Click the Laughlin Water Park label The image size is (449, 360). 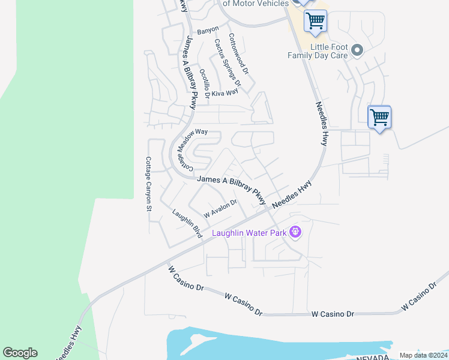[x=249, y=232]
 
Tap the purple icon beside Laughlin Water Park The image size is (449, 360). [x=295, y=231]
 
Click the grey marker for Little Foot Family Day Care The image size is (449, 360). [x=357, y=50]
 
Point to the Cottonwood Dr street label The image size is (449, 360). [x=242, y=53]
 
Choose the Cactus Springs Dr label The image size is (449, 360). [x=228, y=62]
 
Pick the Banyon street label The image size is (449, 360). [x=208, y=29]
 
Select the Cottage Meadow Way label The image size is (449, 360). [x=186, y=151]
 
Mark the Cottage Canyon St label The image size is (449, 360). [x=148, y=184]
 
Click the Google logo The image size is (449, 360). [x=20, y=353]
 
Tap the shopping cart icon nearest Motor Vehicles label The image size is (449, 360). [x=315, y=21]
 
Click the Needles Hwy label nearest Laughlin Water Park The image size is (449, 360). [x=292, y=195]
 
